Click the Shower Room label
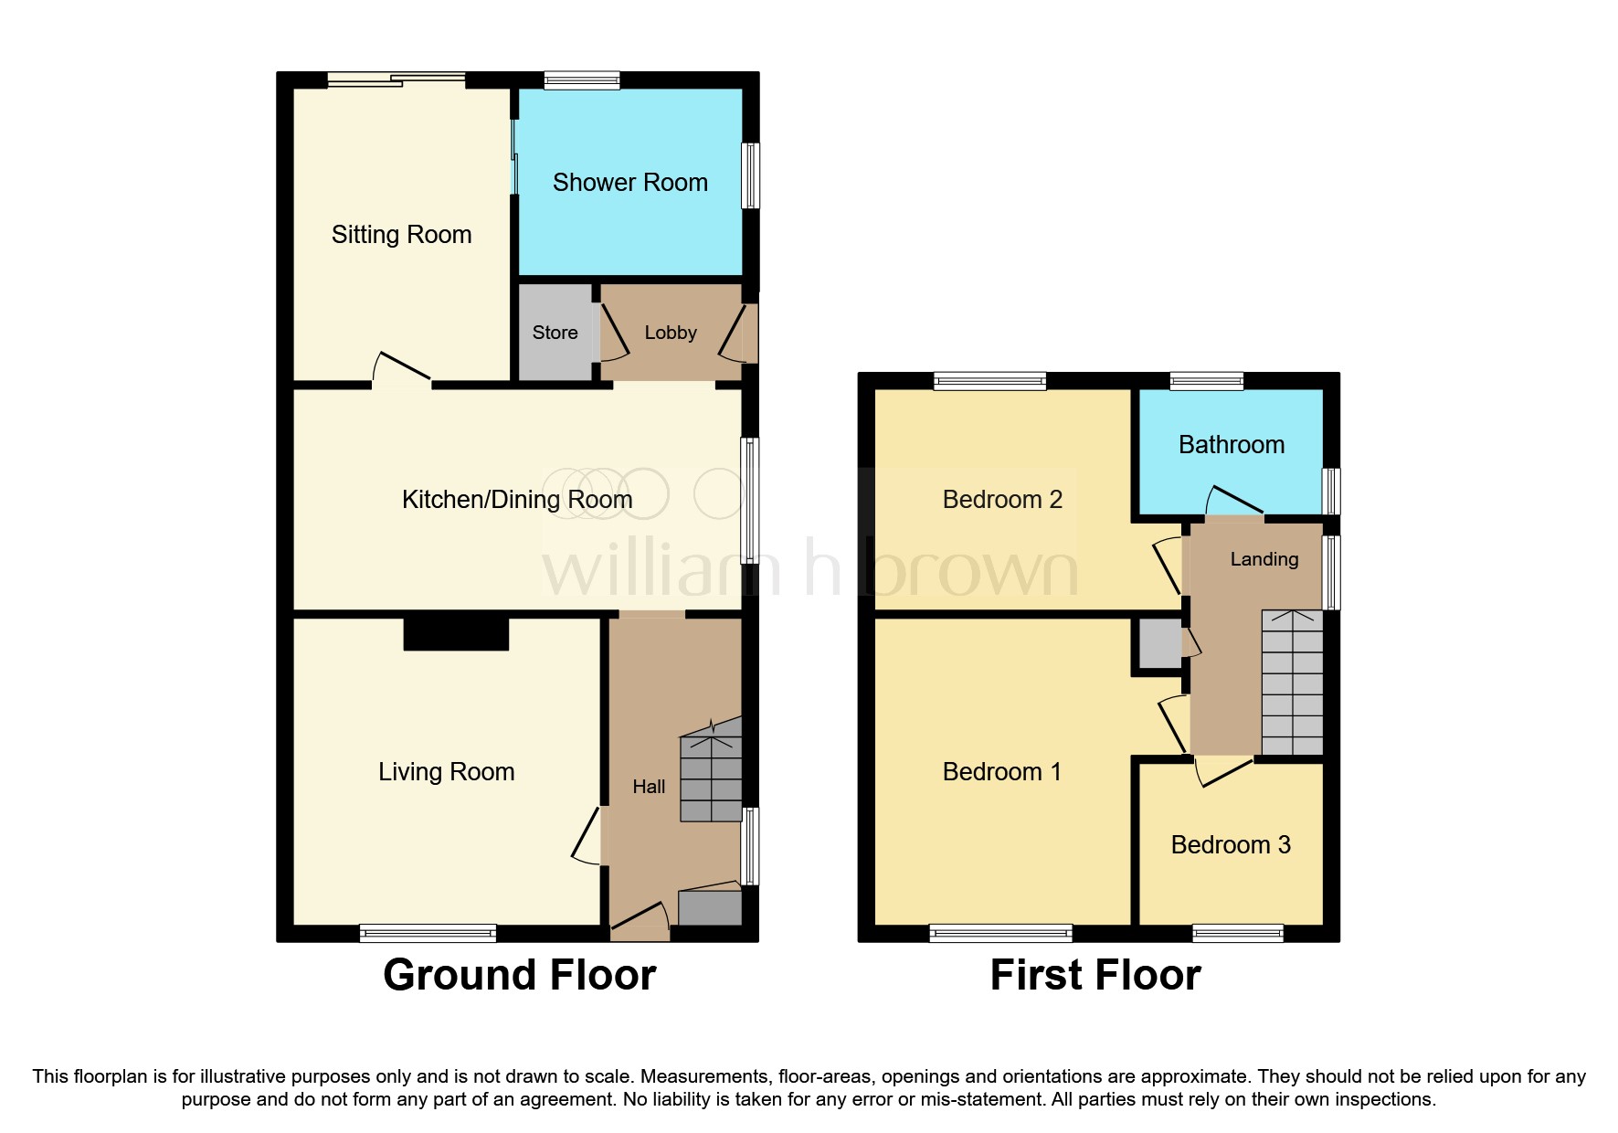629,183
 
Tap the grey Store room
555,333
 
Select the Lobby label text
670,333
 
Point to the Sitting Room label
401,235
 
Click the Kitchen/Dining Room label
517,500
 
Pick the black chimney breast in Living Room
456,633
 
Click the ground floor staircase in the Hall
710,772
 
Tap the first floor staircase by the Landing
1292,683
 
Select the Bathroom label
1231,445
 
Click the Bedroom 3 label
1231,845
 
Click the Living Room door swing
586,836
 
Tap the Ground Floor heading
519,975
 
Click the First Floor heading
1095,975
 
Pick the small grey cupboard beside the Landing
1159,643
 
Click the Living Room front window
428,933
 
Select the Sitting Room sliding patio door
397,80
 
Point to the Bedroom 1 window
1000,933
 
